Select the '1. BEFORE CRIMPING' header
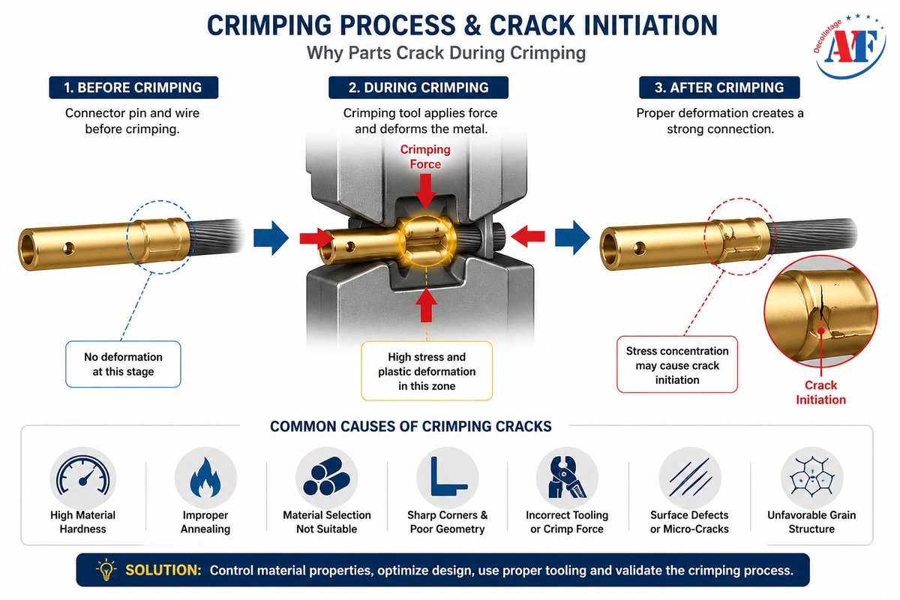133,87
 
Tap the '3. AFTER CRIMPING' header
718,87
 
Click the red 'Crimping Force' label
425,157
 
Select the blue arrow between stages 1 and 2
271,238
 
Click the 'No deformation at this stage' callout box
123,364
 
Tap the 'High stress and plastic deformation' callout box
426,370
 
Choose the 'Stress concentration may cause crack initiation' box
677,365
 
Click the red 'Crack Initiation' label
820,392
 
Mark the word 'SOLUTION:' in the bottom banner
163,570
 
